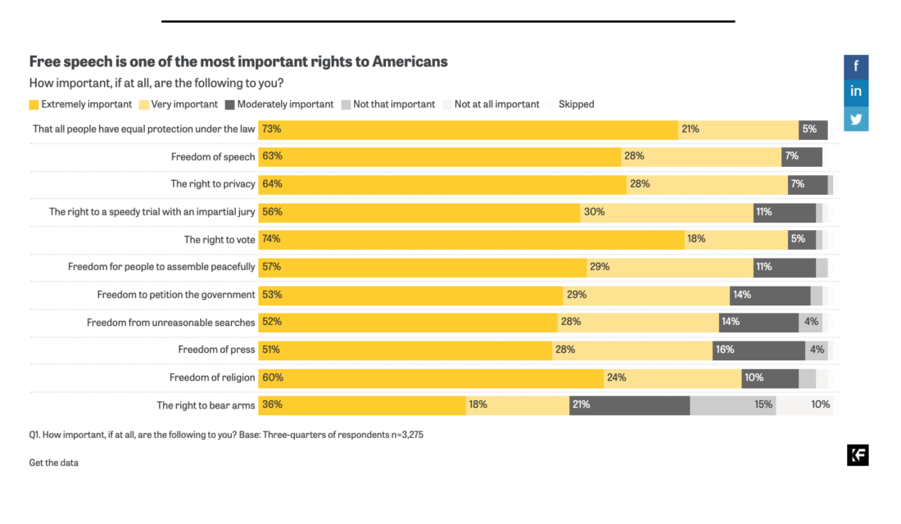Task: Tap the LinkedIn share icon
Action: point(856,92)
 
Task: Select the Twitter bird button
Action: point(856,119)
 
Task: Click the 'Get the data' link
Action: point(53,463)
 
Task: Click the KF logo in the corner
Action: point(858,456)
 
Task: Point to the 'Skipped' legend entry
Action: point(576,105)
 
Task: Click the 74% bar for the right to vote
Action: point(471,239)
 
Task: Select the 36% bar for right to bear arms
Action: point(362,404)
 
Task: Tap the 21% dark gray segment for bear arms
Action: point(629,404)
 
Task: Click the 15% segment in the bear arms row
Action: point(733,404)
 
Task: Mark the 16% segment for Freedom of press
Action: point(758,350)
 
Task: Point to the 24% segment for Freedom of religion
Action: point(672,377)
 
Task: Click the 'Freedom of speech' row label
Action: point(212,156)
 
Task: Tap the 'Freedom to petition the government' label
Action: point(175,294)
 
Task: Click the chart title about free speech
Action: point(238,62)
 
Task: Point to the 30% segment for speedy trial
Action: point(666,212)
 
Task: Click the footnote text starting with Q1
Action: point(225,436)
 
